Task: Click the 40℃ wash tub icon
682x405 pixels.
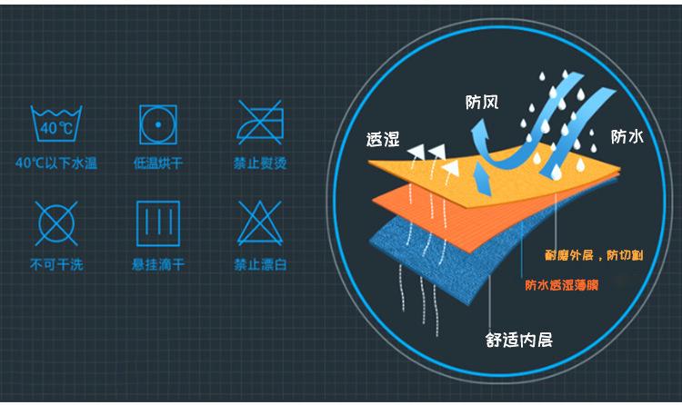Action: coord(56,125)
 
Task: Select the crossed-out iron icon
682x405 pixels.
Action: coord(260,124)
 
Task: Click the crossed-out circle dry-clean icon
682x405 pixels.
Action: coord(56,223)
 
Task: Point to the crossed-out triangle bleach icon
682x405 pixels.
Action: coord(260,223)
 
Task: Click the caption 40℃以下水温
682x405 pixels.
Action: coord(56,164)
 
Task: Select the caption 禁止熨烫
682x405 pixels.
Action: coord(260,164)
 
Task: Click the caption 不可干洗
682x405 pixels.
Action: coord(56,265)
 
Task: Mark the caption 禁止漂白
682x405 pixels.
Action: coord(260,265)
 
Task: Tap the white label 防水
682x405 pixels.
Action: coord(627,136)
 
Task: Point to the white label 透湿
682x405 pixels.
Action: coord(382,139)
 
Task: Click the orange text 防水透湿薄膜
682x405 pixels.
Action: coord(563,284)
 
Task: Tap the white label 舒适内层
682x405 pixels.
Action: coord(519,341)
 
